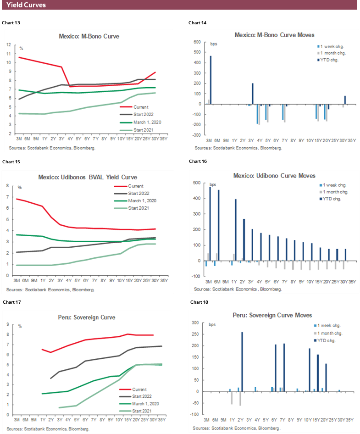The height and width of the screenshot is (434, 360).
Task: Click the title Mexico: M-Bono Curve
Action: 89,36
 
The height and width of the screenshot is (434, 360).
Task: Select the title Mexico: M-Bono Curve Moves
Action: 274,35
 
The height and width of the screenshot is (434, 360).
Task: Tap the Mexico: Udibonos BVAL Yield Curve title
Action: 89,177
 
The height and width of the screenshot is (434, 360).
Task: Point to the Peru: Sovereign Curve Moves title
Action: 272,316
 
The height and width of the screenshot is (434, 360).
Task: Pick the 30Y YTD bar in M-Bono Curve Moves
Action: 345,100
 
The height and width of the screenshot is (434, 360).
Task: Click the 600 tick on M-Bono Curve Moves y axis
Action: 198,42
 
